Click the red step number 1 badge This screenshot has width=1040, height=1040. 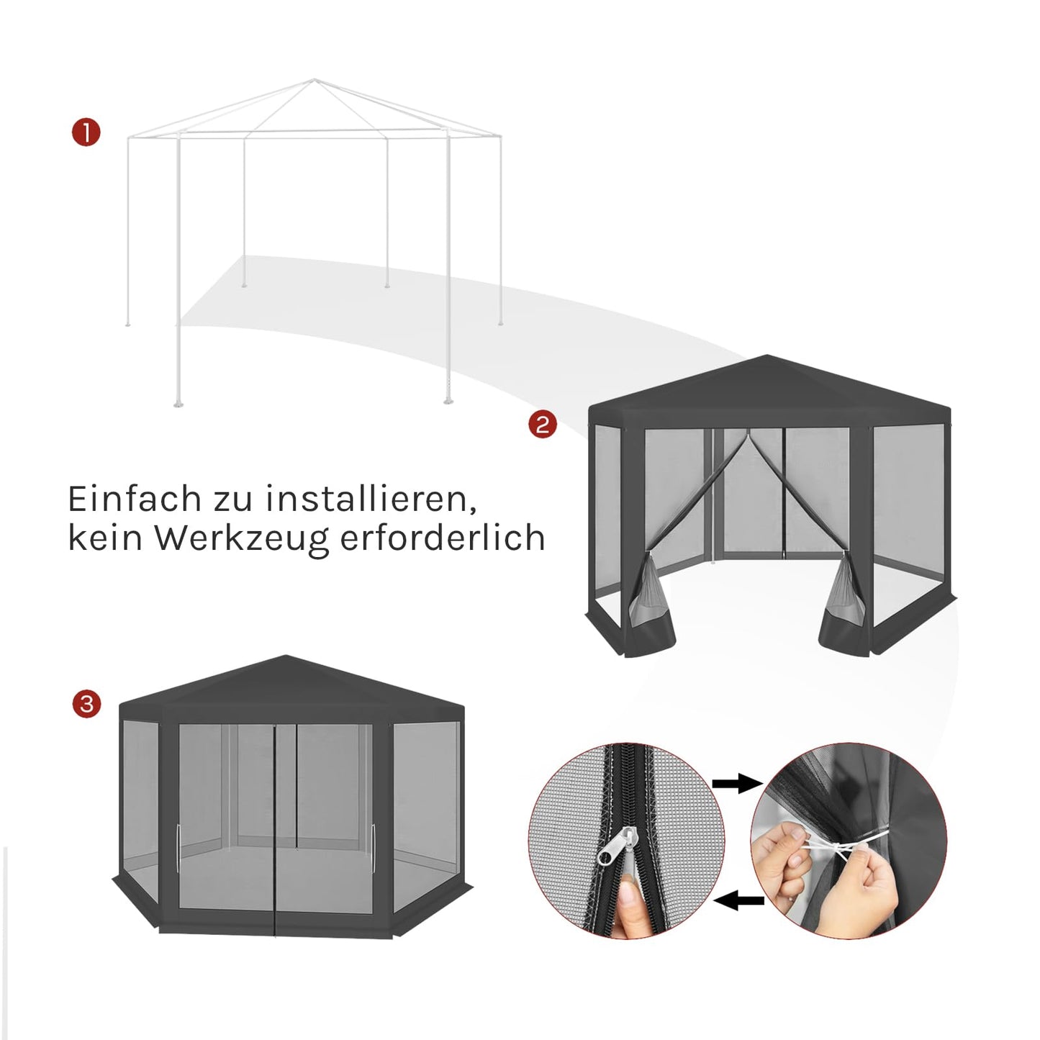pyautogui.click(x=86, y=133)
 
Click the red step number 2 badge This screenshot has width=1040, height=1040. pyautogui.click(x=542, y=424)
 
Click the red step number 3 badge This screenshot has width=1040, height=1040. pyautogui.click(x=86, y=703)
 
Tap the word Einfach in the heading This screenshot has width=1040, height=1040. pyautogui.click(x=134, y=499)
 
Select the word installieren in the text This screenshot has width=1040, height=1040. pyautogui.click(x=370, y=499)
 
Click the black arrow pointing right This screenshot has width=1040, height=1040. pyautogui.click(x=737, y=784)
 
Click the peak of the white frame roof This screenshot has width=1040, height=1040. pyautogui.click(x=314, y=80)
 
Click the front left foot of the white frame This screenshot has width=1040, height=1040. pyautogui.click(x=178, y=403)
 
